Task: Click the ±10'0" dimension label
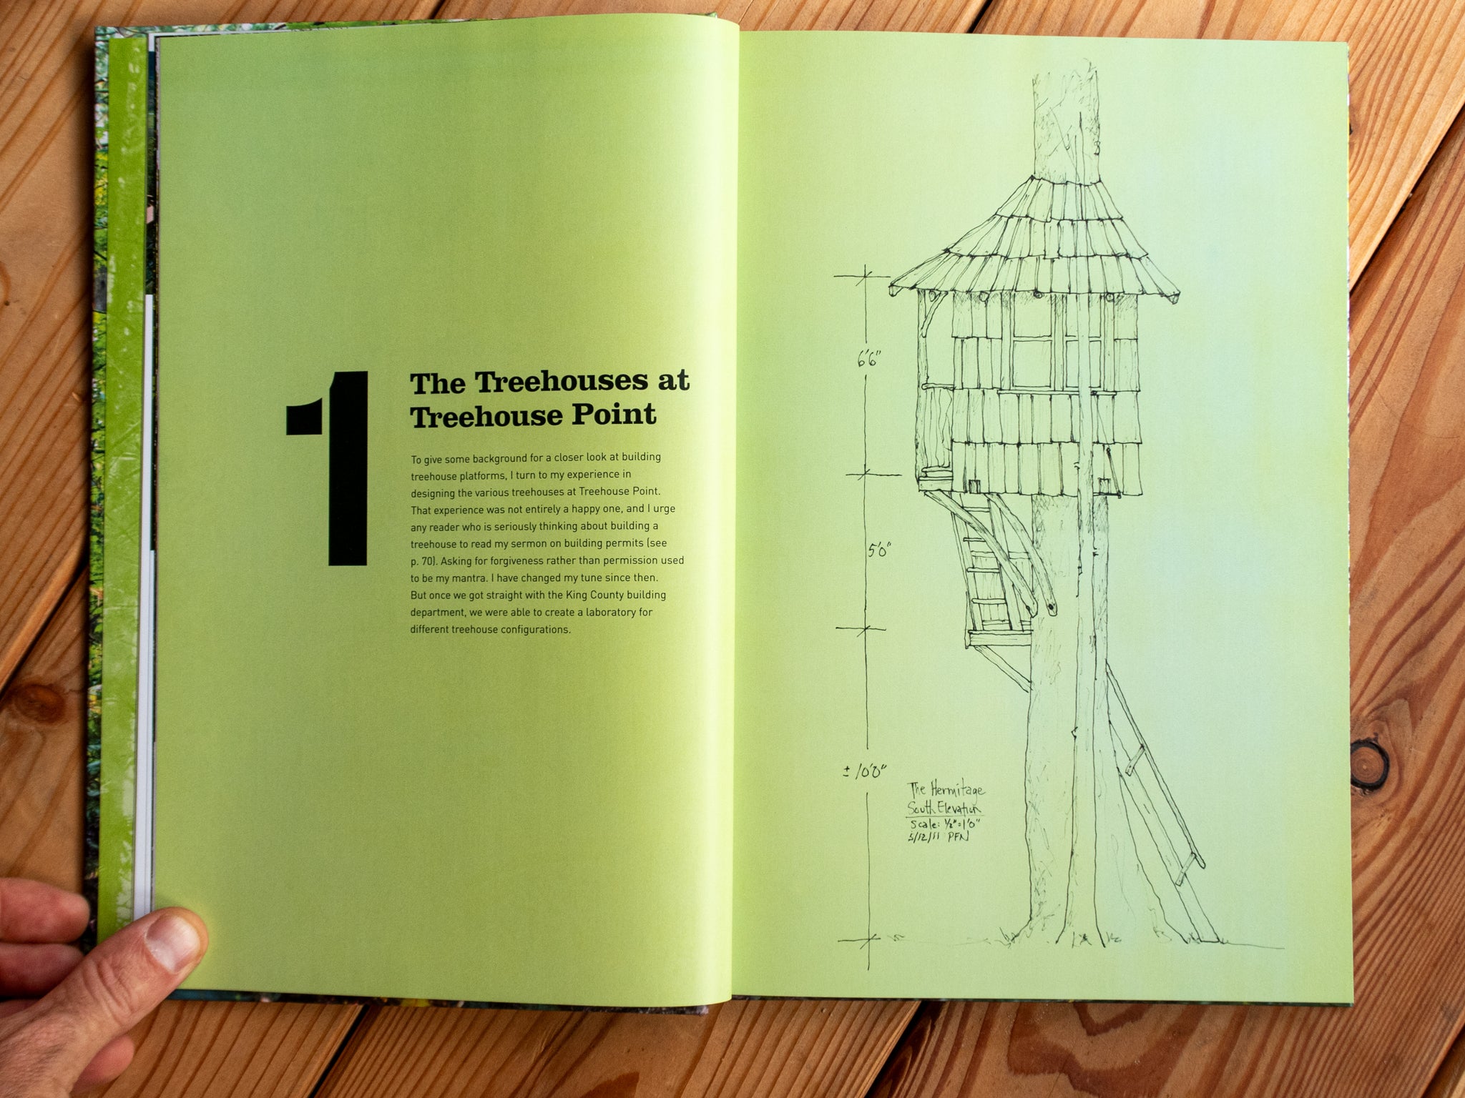865,771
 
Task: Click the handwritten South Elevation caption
944,808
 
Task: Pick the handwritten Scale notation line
945,823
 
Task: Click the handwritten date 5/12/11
923,836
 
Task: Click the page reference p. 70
423,561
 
